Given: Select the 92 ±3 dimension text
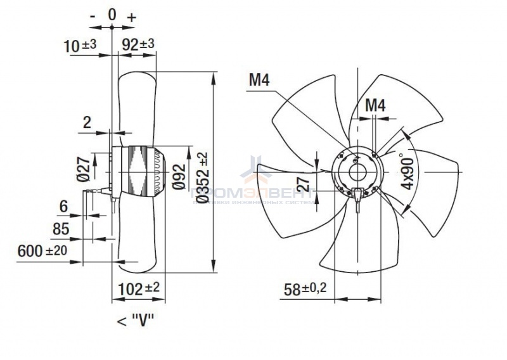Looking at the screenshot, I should click(x=138, y=45).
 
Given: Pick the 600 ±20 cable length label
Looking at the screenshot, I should click(x=42, y=251).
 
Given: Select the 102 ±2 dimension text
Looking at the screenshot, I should click(x=139, y=288).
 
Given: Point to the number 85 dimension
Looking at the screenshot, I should click(x=61, y=227).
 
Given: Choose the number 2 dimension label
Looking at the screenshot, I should click(x=87, y=122).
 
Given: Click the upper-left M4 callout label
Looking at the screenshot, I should click(x=260, y=80).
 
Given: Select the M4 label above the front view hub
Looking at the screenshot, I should click(x=376, y=105).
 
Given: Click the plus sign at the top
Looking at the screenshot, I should click(x=132, y=17).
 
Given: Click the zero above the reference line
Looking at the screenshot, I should click(x=112, y=14).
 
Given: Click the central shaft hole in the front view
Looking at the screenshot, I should click(x=356, y=170).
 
